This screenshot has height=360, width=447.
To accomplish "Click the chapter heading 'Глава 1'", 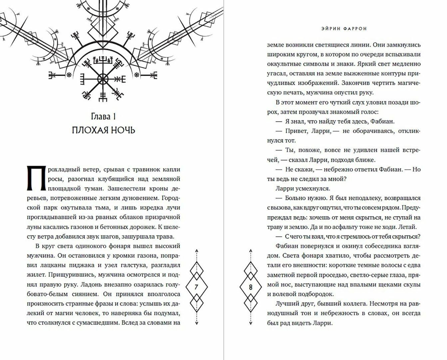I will [x=103, y=116].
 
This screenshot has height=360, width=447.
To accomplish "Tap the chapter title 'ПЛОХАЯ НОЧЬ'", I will [x=103, y=130].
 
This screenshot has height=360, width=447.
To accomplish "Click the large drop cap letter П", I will [x=36, y=179].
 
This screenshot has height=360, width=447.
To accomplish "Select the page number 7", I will [x=196, y=287].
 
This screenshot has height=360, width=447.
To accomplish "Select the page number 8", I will [x=250, y=287].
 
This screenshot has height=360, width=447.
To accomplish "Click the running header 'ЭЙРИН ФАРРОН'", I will [x=344, y=29].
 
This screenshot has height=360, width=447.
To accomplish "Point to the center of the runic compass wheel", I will [x=103, y=79].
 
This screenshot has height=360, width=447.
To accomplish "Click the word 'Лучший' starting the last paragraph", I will [x=286, y=304].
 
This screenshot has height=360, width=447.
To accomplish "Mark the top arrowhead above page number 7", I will [x=196, y=250].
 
